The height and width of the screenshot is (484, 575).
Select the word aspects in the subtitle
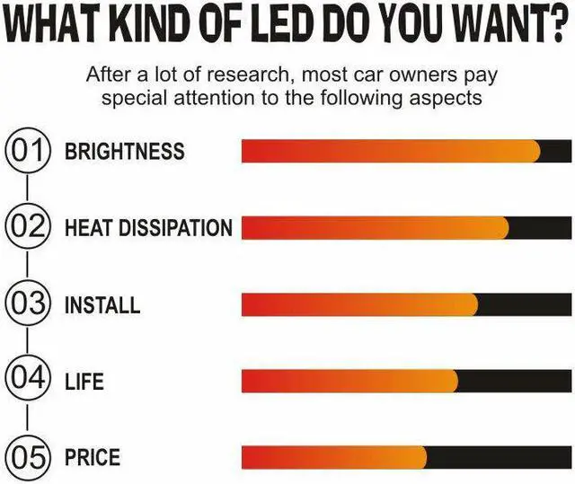446,97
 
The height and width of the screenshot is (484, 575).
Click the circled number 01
29,151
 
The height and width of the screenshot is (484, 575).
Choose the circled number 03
29,304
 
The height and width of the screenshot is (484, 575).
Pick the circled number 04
29,381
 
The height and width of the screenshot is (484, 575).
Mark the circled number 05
29,457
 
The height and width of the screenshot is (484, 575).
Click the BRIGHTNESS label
124,151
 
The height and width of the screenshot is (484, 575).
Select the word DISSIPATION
181,228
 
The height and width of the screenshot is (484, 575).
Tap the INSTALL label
102,304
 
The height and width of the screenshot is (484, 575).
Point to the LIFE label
84,381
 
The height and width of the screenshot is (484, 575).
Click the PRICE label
93,457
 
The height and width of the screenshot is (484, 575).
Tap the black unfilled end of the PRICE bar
500,457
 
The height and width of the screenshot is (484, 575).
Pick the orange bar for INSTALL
359,304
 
